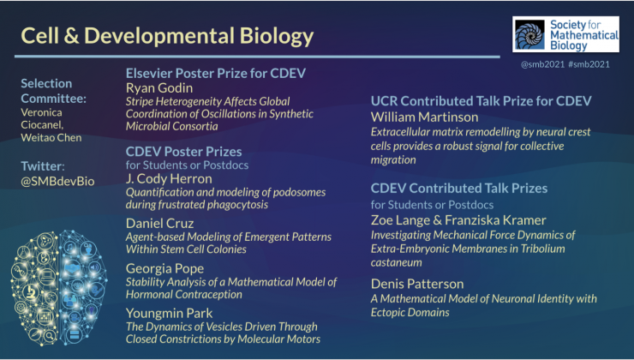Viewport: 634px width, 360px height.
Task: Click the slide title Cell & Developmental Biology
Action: pyautogui.click(x=167, y=36)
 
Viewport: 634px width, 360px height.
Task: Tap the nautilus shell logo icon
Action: pyautogui.click(x=529, y=34)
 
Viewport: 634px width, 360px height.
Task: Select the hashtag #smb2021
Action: pyautogui.click(x=589, y=64)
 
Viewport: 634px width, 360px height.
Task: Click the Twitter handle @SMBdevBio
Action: pyautogui.click(x=57, y=181)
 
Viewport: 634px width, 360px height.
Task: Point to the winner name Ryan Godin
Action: pyautogui.click(x=159, y=87)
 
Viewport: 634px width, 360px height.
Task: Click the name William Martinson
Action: pyautogui.click(x=425, y=117)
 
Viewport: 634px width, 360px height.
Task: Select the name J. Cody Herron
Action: pyautogui.click(x=169, y=179)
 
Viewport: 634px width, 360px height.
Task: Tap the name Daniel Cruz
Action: pyautogui.click(x=159, y=223)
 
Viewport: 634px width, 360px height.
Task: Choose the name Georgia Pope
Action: pyautogui.click(x=164, y=268)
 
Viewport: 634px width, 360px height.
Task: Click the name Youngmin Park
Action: pyautogui.click(x=169, y=313)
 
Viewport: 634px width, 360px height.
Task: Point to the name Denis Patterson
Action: pyautogui.click(x=417, y=284)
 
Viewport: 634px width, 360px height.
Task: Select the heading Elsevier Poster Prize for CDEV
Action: pyautogui.click(x=216, y=73)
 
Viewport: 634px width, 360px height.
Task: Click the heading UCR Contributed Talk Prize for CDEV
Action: pyautogui.click(x=481, y=101)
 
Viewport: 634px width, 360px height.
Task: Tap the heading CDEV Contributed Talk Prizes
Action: pyautogui.click(x=459, y=188)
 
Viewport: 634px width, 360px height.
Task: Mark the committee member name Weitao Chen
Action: pyautogui.click(x=51, y=137)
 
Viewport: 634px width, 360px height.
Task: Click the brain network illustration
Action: pyautogui.click(x=59, y=288)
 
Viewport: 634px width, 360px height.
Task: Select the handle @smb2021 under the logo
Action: pyautogui.click(x=542, y=64)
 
